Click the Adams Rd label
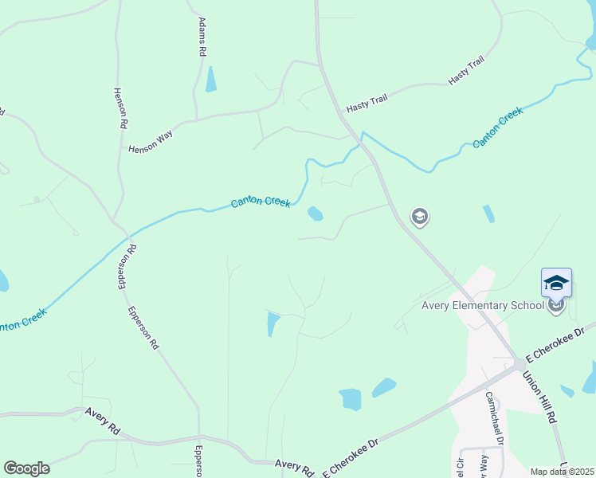(x=202, y=36)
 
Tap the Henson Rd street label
(x=120, y=108)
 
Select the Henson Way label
(x=151, y=142)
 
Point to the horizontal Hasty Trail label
(x=366, y=108)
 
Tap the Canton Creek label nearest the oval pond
(x=261, y=202)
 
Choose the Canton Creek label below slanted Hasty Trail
(x=497, y=128)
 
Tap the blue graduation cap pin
(x=556, y=283)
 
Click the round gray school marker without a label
(x=419, y=216)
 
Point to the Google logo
(x=26, y=468)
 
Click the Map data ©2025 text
(x=562, y=472)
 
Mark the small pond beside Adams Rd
(x=210, y=79)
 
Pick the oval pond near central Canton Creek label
(x=316, y=213)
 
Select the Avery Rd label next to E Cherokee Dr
(x=294, y=464)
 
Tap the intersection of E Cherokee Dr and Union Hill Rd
(x=520, y=364)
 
